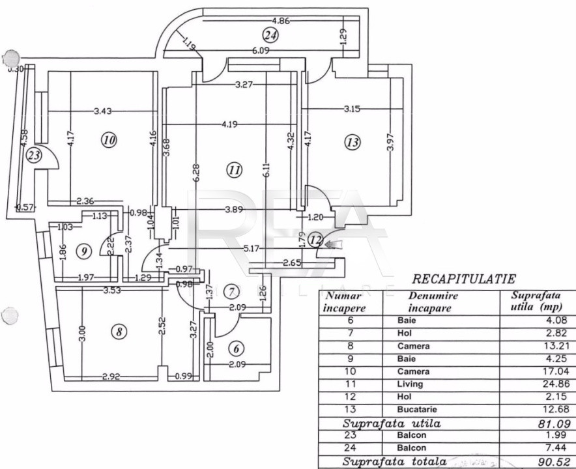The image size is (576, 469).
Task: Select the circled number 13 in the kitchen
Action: (353, 143)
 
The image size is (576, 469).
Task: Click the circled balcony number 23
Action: (34, 155)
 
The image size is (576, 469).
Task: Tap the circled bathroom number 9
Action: (83, 251)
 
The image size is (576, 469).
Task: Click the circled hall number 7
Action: (231, 291)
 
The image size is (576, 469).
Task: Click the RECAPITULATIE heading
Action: (464, 279)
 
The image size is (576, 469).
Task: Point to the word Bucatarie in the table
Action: (415, 409)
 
